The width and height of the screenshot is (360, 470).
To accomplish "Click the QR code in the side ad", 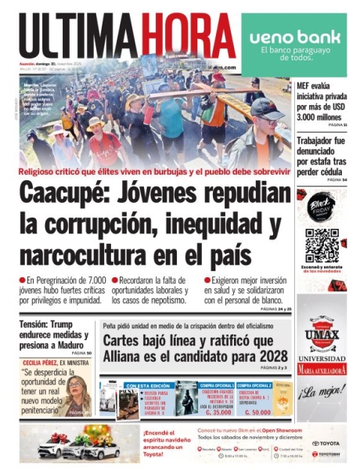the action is [x=321, y=245].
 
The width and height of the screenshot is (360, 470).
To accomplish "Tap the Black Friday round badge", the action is [x=321, y=204].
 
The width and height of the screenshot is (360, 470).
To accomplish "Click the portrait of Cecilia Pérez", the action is [x=80, y=394].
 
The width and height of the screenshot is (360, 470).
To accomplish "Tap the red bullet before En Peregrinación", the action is [x=23, y=280].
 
